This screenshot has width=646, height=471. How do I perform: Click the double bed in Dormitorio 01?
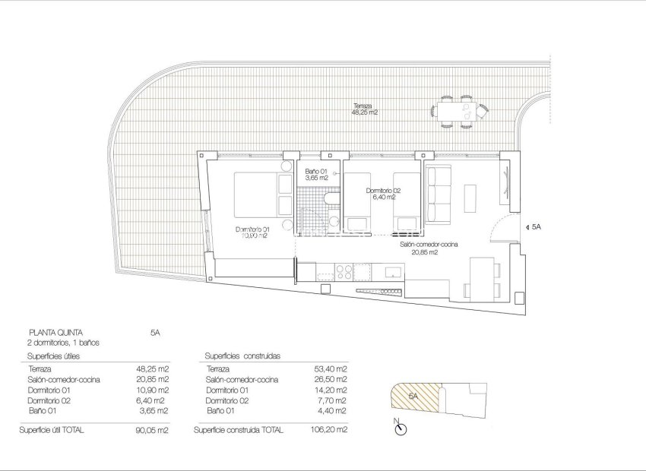tap(256, 195)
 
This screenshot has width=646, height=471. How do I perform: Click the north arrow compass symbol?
tap(400, 428)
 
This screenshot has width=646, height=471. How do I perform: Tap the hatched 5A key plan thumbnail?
tap(415, 400)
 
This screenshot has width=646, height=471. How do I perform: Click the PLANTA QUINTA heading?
tap(55, 332)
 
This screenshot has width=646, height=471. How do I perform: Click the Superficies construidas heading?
tap(242, 356)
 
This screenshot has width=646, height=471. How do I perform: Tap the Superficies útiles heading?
tap(53, 356)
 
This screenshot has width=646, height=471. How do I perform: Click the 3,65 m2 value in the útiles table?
tap(153, 410)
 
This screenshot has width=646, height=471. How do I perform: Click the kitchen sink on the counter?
tap(393, 270)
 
